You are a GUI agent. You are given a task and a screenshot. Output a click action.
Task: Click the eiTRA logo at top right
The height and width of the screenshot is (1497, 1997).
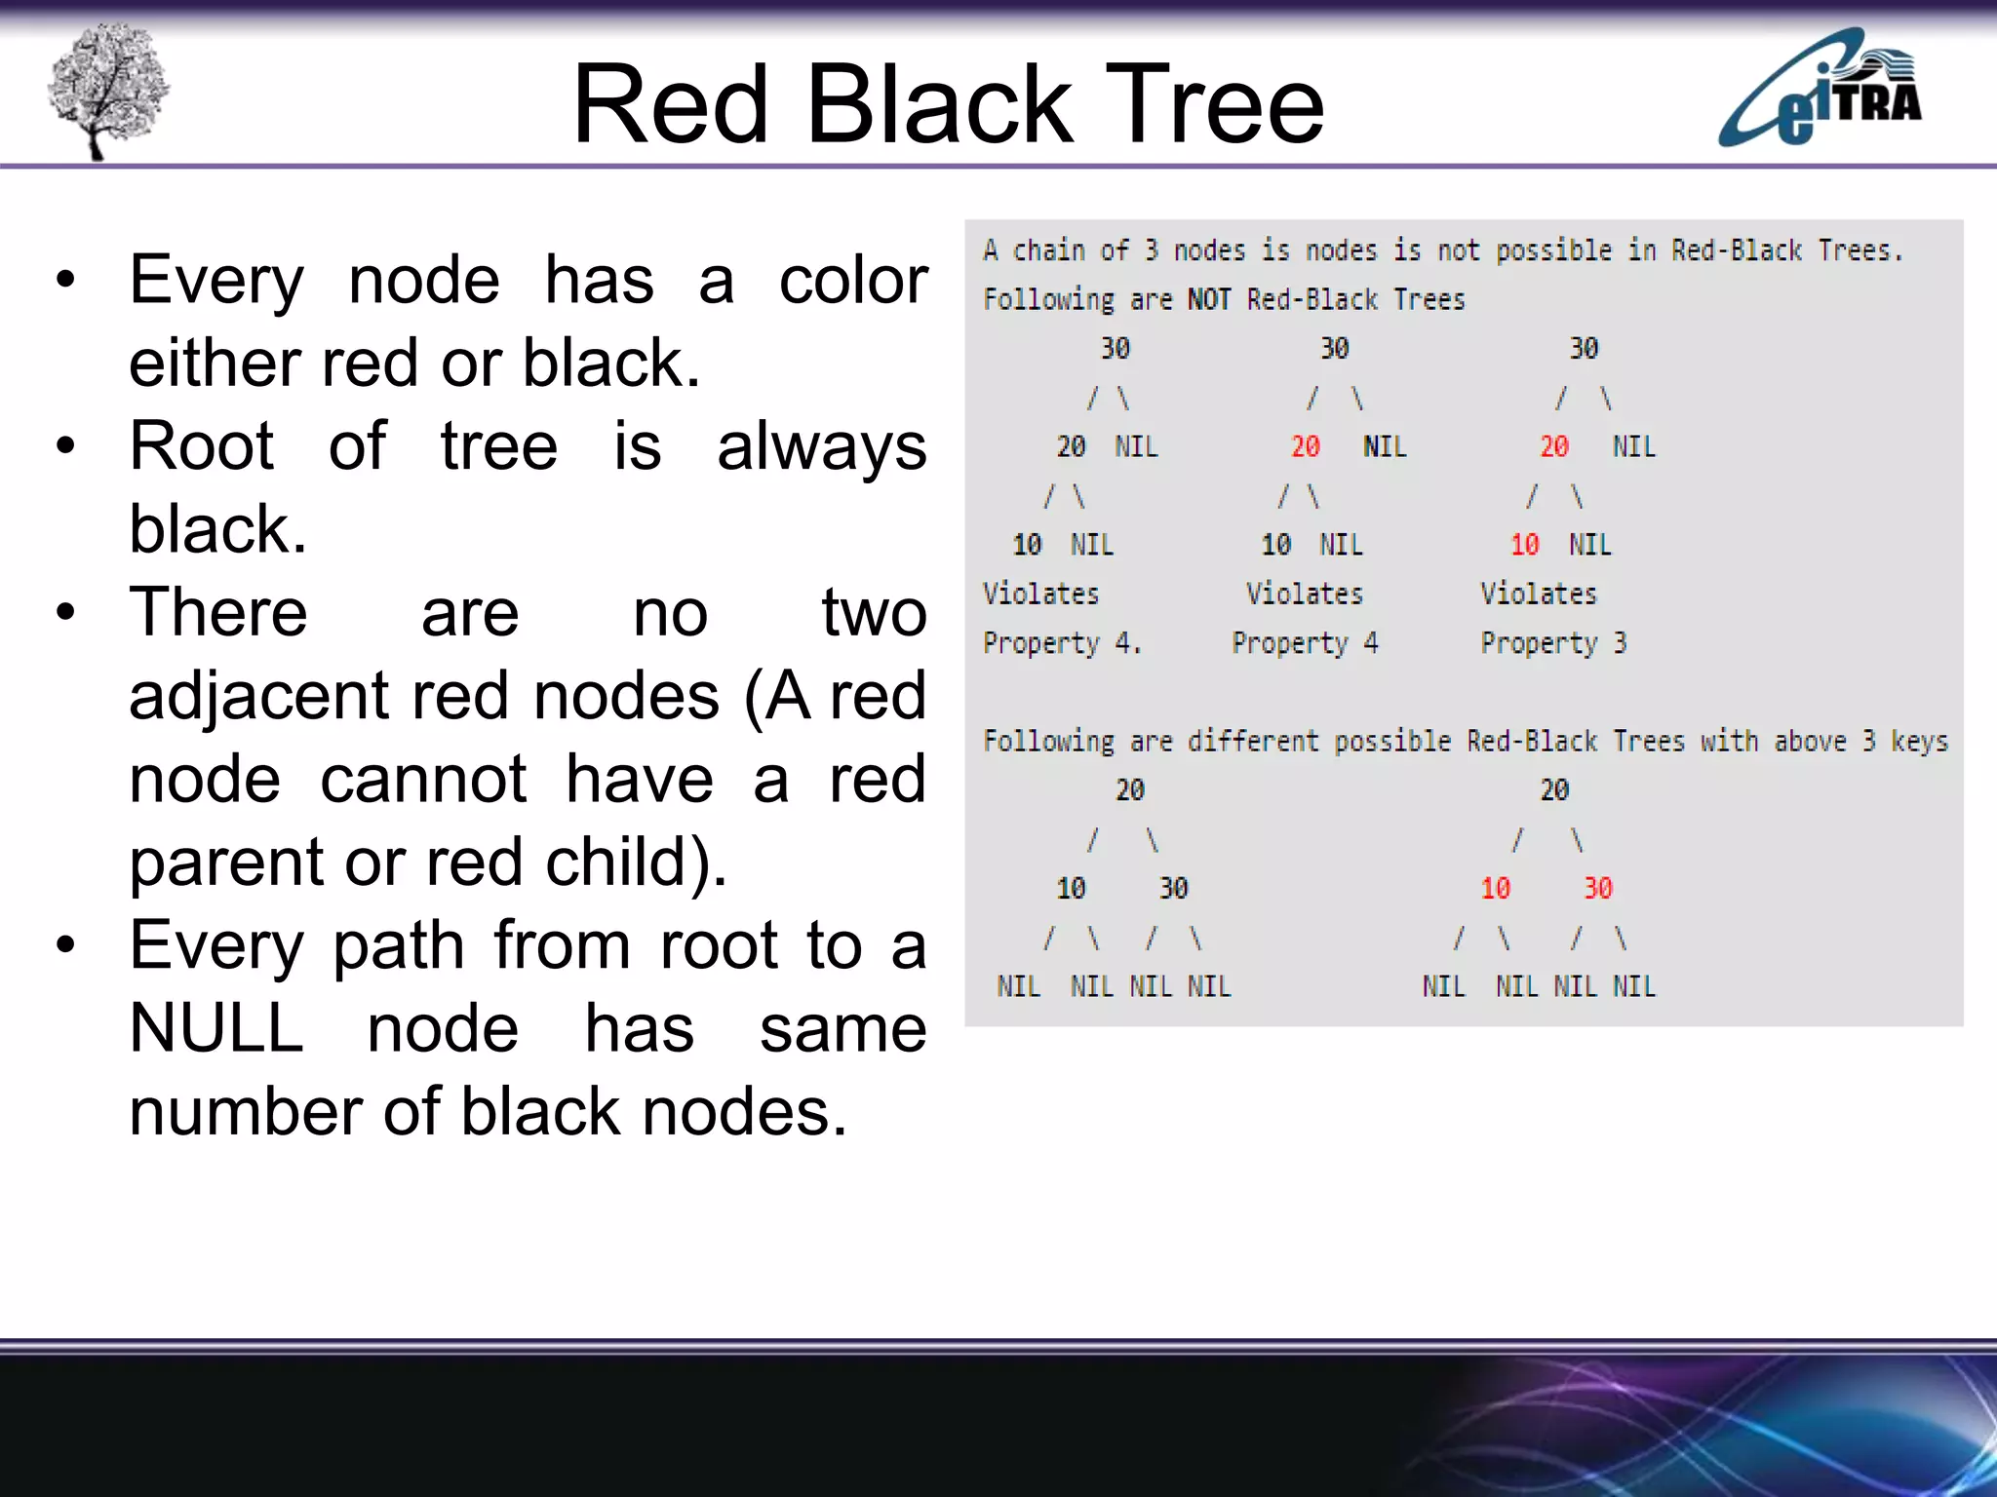(x=1820, y=90)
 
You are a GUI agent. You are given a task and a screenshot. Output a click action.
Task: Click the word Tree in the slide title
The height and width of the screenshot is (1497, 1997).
(x=1214, y=104)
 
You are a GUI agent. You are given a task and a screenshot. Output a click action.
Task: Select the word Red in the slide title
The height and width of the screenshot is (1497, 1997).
(x=671, y=104)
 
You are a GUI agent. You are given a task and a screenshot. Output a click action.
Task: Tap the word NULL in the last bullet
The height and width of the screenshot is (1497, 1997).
(x=215, y=1028)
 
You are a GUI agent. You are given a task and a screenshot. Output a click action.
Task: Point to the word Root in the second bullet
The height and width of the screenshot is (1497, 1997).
(x=202, y=446)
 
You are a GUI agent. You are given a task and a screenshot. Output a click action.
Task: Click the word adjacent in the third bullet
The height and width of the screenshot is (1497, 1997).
(x=258, y=696)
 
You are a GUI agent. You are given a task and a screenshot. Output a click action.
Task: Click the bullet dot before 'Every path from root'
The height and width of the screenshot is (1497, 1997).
(x=65, y=944)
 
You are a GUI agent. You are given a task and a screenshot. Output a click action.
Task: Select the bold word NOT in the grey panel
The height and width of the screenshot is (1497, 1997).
(x=1209, y=299)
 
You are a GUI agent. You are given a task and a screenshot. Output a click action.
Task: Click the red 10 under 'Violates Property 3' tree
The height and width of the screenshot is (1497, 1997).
(x=1524, y=545)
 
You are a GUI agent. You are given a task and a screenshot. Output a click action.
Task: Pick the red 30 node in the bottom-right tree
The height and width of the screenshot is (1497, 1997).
(x=1597, y=888)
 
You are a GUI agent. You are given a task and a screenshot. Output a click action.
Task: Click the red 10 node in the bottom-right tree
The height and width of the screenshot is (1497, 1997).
(x=1495, y=888)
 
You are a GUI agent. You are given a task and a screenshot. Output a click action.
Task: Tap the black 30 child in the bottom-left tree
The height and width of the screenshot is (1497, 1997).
(x=1173, y=888)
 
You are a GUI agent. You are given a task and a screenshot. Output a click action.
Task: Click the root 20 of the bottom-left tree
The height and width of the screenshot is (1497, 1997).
(x=1129, y=789)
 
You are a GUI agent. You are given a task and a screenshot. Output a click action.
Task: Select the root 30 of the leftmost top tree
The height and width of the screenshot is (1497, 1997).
(x=1115, y=348)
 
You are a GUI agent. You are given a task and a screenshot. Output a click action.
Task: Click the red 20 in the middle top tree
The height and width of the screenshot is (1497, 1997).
(x=1305, y=446)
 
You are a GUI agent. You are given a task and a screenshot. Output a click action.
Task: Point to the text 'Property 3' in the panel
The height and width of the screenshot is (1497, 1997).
(x=1553, y=643)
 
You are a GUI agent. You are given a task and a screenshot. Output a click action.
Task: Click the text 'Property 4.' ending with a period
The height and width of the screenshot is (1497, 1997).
(x=1062, y=643)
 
